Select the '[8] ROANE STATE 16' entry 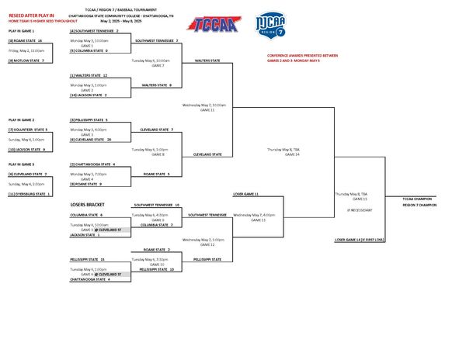[x=26, y=40]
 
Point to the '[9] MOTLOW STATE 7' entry [x=26, y=60]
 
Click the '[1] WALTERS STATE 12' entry [x=89, y=75]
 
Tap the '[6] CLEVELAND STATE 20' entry [x=91, y=140]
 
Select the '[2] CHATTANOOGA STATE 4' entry [x=92, y=164]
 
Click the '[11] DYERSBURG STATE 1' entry [x=30, y=193]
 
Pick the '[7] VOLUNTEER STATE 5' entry [x=28, y=130]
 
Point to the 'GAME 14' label [x=292, y=154]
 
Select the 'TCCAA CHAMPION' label [x=419, y=199]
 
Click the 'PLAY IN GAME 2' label [x=21, y=120]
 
